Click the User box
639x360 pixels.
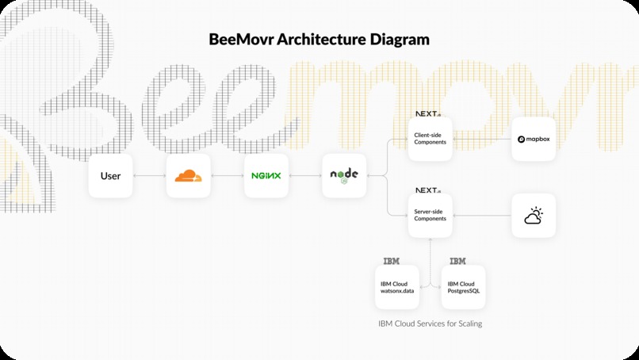coord(110,175)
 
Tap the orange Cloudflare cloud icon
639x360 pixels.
coord(188,175)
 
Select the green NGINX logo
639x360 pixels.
coord(266,175)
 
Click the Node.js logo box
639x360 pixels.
coord(344,175)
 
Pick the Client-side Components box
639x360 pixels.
coord(430,139)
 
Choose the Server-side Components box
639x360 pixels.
coord(430,215)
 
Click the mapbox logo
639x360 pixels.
coord(533,139)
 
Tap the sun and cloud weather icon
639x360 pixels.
coord(533,215)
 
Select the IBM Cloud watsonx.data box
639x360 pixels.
coord(396,287)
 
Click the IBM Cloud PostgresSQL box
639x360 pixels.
coord(463,287)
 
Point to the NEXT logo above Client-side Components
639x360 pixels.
coord(428,114)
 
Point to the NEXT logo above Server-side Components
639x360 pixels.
coord(428,190)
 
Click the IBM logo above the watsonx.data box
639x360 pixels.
coord(391,261)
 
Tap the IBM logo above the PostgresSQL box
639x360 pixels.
coord(457,261)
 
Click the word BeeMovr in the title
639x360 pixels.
coord(247,38)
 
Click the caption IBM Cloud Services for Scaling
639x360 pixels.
coord(430,324)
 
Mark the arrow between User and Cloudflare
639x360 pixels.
coord(149,175)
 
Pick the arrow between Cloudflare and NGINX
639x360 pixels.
coord(227,175)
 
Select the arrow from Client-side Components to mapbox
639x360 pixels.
coord(481,139)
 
